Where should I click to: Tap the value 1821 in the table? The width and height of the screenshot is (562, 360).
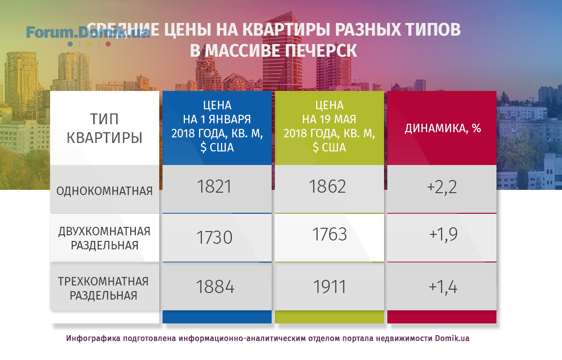(214, 187)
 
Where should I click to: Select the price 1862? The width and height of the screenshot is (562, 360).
(327, 187)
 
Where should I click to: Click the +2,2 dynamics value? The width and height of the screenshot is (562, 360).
(442, 187)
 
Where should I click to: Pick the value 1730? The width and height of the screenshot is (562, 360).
(214, 237)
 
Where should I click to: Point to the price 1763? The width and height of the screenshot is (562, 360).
(329, 234)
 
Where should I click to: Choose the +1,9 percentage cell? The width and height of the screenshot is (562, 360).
(444, 235)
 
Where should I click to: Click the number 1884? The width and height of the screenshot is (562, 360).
(215, 287)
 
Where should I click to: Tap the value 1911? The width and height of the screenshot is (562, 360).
(330, 287)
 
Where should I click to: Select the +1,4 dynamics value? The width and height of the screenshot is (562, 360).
(443, 287)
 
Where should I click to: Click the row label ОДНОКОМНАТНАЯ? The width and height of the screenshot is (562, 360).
(104, 191)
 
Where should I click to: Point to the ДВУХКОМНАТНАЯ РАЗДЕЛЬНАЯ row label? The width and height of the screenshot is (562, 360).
(104, 238)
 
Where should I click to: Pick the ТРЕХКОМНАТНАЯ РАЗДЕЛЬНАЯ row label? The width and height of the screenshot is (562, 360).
(104, 288)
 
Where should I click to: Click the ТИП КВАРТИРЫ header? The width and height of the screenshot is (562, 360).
(104, 128)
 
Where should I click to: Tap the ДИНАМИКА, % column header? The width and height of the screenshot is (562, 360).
(443, 128)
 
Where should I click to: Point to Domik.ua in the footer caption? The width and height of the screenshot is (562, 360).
(452, 338)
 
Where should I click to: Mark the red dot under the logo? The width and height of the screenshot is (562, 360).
(108, 44)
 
